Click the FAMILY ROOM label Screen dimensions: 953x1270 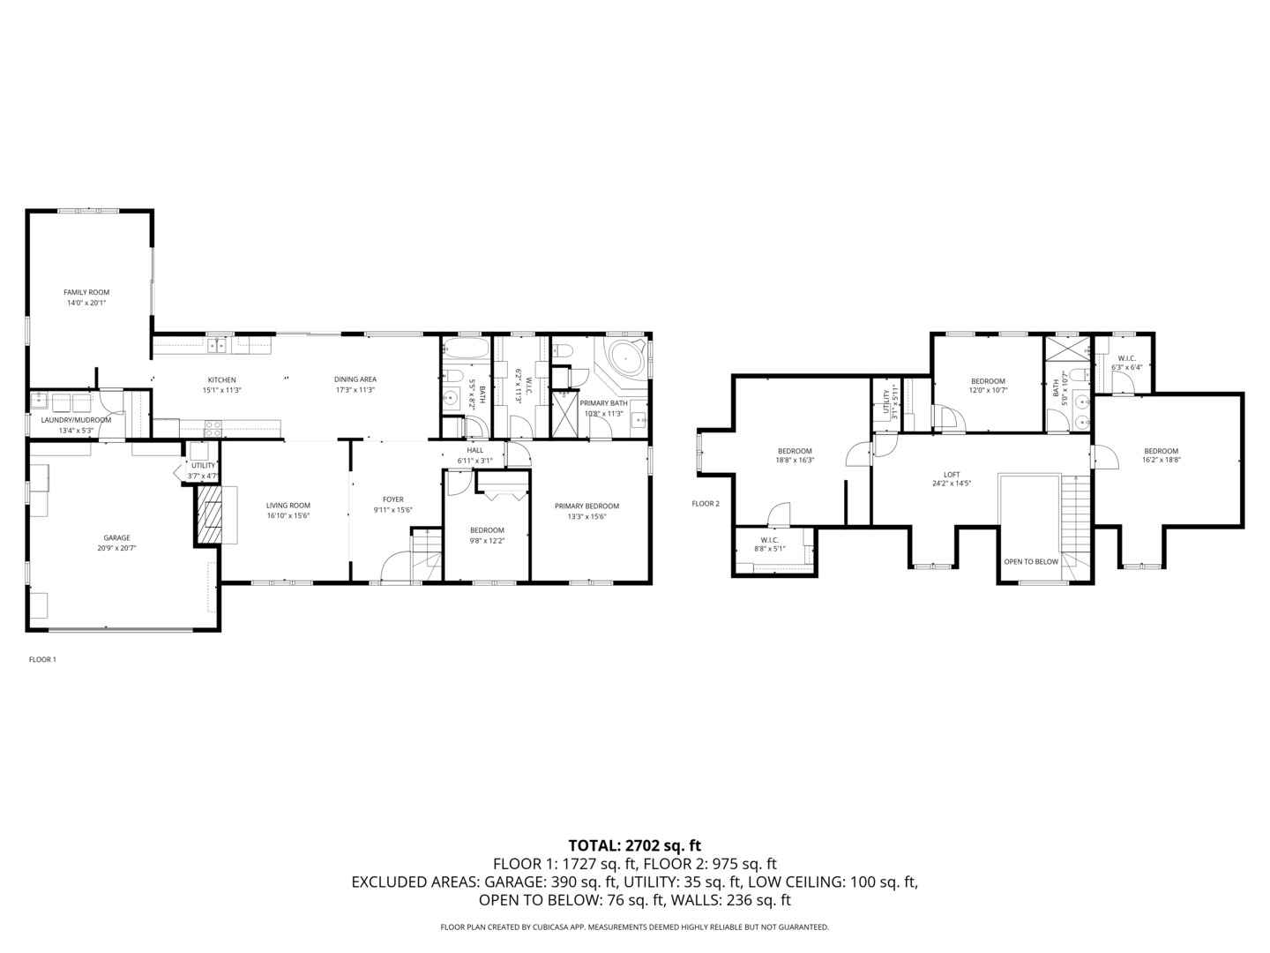click(x=86, y=292)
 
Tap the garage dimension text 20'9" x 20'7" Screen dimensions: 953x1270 click(x=116, y=548)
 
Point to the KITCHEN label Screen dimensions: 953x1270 click(x=221, y=379)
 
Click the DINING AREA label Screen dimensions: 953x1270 click(x=355, y=379)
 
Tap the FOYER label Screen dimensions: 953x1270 click(x=392, y=499)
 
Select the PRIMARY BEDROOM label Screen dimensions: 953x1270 click(x=586, y=506)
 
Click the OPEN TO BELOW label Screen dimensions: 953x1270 click(x=1030, y=561)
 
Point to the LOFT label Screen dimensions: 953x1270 click(x=952, y=474)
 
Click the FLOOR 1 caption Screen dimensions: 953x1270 click(x=42, y=659)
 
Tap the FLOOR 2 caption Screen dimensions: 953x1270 click(x=706, y=504)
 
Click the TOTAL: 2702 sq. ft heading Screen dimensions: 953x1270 click(x=634, y=845)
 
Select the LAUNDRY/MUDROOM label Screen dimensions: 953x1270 click(x=76, y=420)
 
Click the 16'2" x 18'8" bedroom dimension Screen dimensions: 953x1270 click(x=1161, y=459)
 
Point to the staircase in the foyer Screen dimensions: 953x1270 click(x=426, y=552)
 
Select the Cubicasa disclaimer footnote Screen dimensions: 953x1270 click(x=634, y=927)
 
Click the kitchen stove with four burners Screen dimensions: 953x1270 click(x=213, y=429)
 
